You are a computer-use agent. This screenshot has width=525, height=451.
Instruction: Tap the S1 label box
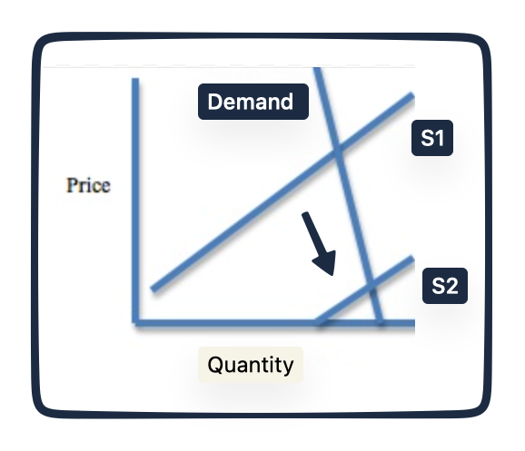432,138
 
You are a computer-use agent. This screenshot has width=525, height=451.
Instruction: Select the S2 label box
445,286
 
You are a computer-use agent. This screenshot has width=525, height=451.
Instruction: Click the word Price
88,185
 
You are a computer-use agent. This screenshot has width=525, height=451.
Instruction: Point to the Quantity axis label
251,365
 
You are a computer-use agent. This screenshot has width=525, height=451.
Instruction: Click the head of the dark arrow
332,274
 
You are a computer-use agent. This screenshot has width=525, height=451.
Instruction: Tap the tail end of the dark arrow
304,214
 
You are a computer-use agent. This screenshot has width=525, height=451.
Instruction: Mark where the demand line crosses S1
338,151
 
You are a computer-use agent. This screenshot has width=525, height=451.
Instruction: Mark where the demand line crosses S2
371,285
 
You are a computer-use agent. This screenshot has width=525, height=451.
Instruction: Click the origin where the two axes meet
135,323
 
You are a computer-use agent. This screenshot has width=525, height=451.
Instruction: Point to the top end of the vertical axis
135,79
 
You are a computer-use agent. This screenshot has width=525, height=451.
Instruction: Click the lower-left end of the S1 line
154,289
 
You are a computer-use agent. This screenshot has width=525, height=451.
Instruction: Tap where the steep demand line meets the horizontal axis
380,322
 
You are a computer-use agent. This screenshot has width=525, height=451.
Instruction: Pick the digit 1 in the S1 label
440,138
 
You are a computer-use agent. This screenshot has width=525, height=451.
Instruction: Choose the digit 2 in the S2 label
452,286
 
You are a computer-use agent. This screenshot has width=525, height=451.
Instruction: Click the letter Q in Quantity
215,365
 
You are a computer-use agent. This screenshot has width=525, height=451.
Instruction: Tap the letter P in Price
72,185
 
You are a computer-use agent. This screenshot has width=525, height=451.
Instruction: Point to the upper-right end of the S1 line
412,95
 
